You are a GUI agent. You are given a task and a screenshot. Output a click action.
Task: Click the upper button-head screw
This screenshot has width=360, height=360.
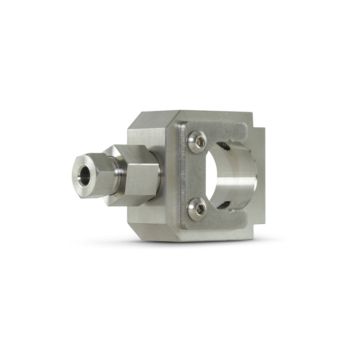(x=198, y=142)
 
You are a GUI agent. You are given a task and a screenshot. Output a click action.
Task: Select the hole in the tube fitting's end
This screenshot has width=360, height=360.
(x=84, y=170)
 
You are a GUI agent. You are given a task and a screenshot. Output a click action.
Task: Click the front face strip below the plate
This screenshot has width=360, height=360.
(x=211, y=235)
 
